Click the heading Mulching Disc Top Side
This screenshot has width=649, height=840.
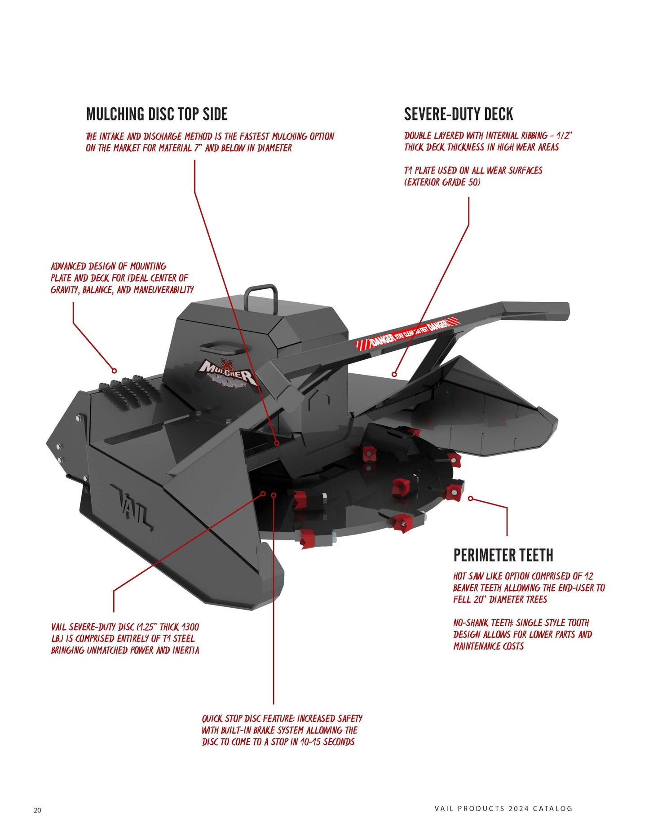coord(157,114)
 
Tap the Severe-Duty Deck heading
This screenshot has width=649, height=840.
coord(458,114)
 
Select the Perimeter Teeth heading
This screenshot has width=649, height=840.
coord(503,555)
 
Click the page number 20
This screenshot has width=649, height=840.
coord(37,810)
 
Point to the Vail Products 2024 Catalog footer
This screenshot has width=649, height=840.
coord(503,809)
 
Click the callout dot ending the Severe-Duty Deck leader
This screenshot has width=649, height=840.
coord(394,374)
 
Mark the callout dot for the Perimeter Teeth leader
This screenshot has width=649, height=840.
coord(470,498)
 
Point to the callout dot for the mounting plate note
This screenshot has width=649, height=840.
coord(114,371)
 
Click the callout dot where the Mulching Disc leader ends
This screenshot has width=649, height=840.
coord(277,443)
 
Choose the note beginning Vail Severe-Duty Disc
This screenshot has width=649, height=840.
coord(125,638)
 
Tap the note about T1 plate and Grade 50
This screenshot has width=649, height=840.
coord(473,176)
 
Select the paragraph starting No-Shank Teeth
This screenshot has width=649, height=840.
coord(522,634)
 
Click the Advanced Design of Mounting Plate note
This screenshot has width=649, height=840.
coord(122,278)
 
